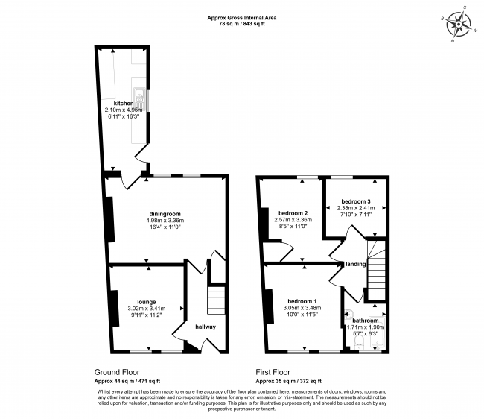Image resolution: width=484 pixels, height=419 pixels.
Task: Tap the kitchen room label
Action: click(124, 103)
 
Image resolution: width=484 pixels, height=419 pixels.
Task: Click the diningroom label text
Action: click(165, 213)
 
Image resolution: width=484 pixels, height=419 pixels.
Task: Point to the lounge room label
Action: click(145, 301)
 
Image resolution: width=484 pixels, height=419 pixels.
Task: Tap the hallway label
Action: click(206, 327)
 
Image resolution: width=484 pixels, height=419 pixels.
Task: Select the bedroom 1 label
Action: click(302, 298)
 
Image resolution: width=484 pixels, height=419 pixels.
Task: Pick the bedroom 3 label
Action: click(356, 201)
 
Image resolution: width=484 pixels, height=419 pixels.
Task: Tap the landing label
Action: click(355, 264)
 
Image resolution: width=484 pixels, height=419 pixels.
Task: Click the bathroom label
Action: click(366, 320)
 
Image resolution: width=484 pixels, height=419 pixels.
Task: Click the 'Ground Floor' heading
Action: click(117, 371)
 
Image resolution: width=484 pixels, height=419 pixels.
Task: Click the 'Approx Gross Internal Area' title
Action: click(242, 17)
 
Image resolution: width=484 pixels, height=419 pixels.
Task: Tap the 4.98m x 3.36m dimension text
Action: click(165, 221)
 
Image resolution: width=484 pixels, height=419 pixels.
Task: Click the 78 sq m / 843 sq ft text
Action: click(242, 24)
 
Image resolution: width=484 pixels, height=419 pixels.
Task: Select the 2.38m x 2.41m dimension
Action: click(356, 209)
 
